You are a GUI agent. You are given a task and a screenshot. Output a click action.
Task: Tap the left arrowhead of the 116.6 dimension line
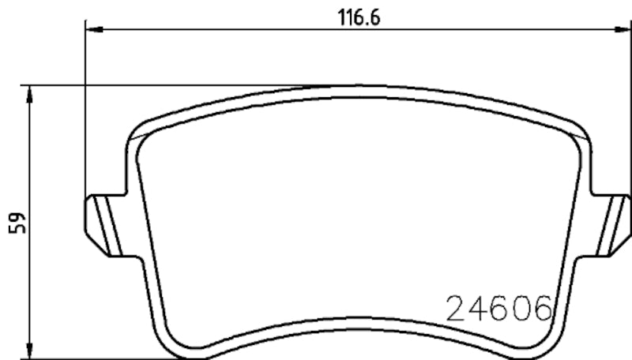(x=90, y=30)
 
